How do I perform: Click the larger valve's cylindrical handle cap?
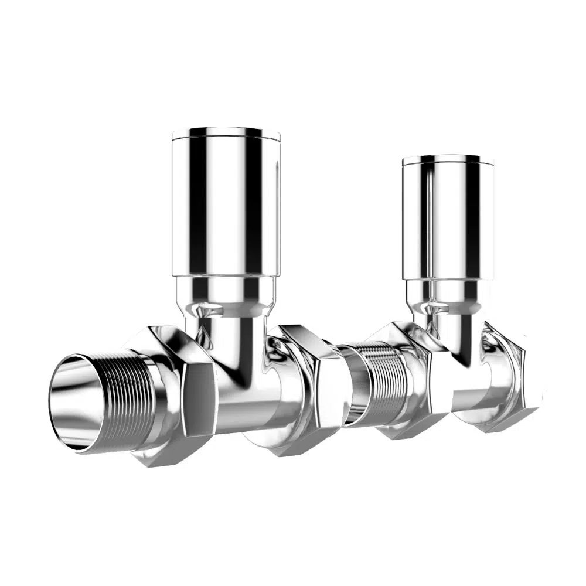pos(225,205)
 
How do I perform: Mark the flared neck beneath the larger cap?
pos(226,293)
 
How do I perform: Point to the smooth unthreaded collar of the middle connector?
pos(352,384)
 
